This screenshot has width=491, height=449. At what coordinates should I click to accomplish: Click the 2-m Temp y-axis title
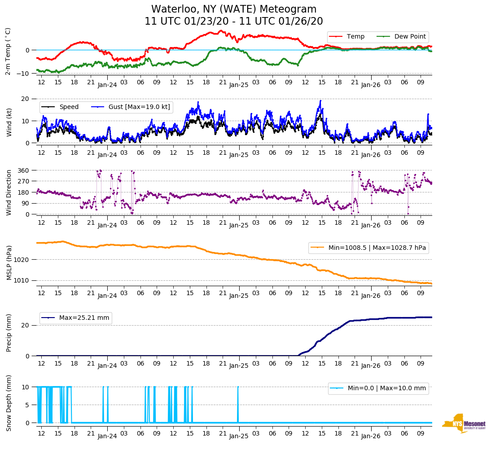(x=8, y=51)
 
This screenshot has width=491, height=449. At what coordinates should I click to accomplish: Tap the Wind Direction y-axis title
(x=9, y=192)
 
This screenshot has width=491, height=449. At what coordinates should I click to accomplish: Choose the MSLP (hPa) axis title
(x=9, y=262)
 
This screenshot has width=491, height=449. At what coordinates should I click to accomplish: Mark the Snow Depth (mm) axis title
(x=9, y=403)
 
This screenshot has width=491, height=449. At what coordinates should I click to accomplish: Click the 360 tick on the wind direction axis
(x=24, y=170)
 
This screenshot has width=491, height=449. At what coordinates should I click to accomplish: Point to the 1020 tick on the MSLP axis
(x=22, y=260)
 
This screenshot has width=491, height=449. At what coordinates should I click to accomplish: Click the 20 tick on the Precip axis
(x=26, y=325)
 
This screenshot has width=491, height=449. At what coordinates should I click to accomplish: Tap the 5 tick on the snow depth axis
(x=28, y=405)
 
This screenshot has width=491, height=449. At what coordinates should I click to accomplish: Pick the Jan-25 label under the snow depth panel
(x=239, y=436)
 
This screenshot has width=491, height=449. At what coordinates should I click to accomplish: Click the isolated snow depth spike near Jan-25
(x=238, y=404)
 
